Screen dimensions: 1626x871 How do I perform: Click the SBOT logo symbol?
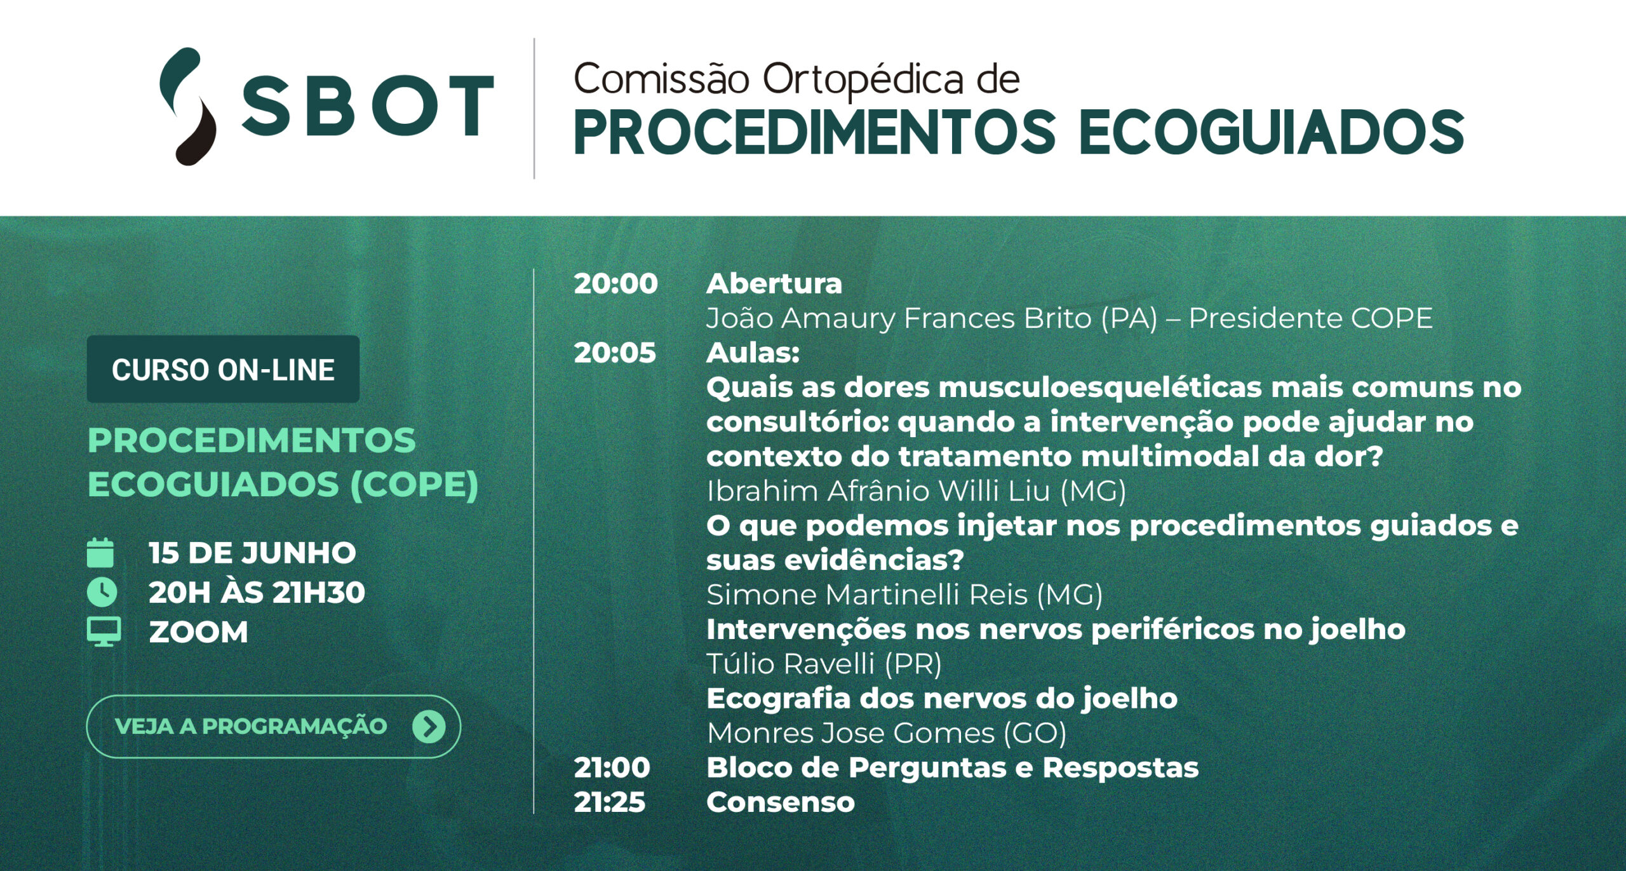point(188,106)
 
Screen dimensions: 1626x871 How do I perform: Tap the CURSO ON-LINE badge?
point(223,369)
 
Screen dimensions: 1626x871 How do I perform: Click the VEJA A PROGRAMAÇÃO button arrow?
point(429,726)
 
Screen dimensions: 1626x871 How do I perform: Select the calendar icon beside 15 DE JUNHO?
point(100,552)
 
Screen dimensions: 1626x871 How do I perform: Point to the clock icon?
point(102,592)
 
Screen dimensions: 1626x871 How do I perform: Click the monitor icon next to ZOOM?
point(104,632)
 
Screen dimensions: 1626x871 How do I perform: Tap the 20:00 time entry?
point(615,284)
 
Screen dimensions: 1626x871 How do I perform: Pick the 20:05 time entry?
point(615,353)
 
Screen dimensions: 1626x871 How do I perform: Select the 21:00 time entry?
point(612,768)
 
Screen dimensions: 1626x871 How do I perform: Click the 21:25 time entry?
point(609,802)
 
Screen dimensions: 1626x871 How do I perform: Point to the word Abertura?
point(774,284)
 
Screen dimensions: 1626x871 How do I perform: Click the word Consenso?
point(781,802)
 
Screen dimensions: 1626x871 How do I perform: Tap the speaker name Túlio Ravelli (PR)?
point(824,664)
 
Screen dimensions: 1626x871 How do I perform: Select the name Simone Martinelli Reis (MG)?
point(904,595)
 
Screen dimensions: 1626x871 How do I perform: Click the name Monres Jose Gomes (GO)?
point(887,733)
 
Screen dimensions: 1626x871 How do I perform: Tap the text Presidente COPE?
point(1310,318)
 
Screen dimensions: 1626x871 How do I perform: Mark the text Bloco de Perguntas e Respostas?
point(953,768)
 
